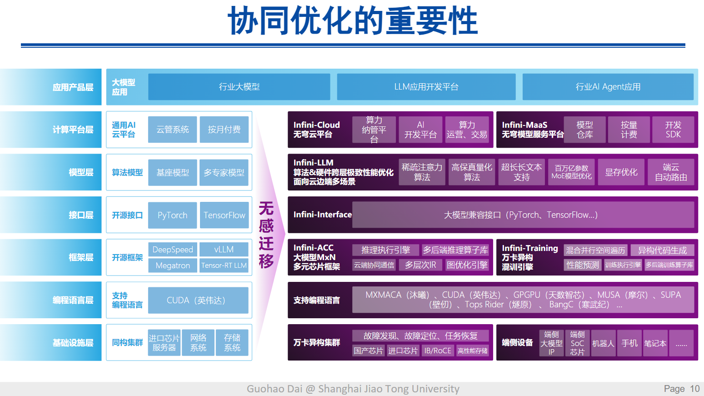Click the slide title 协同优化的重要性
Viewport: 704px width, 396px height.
(353, 21)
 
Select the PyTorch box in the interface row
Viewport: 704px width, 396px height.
(172, 215)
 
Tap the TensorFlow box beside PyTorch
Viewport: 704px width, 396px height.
(224, 215)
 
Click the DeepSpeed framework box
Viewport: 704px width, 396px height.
(173, 250)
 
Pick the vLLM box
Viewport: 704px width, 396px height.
(224, 250)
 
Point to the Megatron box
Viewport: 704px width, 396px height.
(173, 266)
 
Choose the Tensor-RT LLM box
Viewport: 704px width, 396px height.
(224, 266)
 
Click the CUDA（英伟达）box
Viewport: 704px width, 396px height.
(198, 300)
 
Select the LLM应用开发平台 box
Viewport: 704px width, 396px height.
(426, 87)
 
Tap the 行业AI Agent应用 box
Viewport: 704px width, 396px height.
(608, 87)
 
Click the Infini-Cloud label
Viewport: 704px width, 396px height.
(316, 125)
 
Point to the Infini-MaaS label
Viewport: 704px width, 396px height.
(524, 125)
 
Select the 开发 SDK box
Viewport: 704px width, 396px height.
(673, 130)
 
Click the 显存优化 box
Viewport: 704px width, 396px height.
(621, 172)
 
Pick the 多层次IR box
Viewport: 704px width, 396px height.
(420, 265)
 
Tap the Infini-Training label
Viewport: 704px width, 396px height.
(529, 248)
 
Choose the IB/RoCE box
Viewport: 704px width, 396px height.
(438, 351)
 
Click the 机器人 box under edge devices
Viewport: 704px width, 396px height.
(603, 343)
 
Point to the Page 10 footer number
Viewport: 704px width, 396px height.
(681, 389)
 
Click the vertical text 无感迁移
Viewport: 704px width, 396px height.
(266, 235)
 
